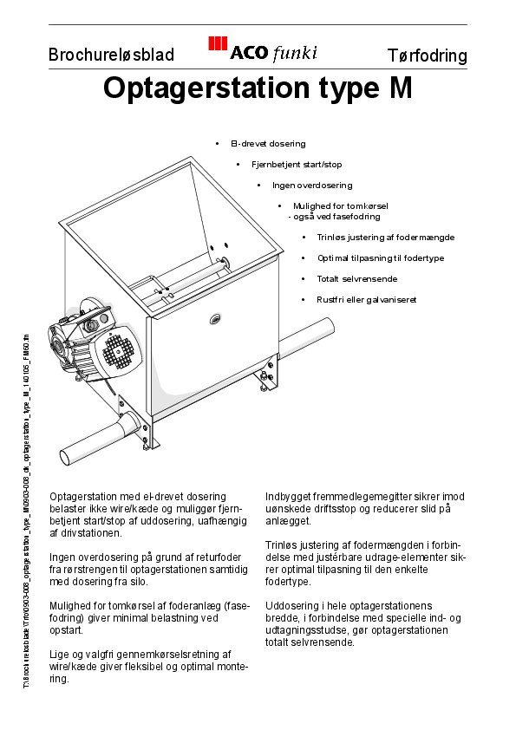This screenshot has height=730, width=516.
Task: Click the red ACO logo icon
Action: pos(218,45)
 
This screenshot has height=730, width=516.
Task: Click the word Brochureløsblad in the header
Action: pos(111,55)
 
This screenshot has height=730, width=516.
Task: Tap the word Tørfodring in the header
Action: pos(427,56)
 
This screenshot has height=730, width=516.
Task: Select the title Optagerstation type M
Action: pos(258,88)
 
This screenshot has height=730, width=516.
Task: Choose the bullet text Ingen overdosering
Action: pos(312,185)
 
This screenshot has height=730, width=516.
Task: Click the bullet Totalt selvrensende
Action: pos(356,279)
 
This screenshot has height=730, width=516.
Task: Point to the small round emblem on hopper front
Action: pos(215,319)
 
